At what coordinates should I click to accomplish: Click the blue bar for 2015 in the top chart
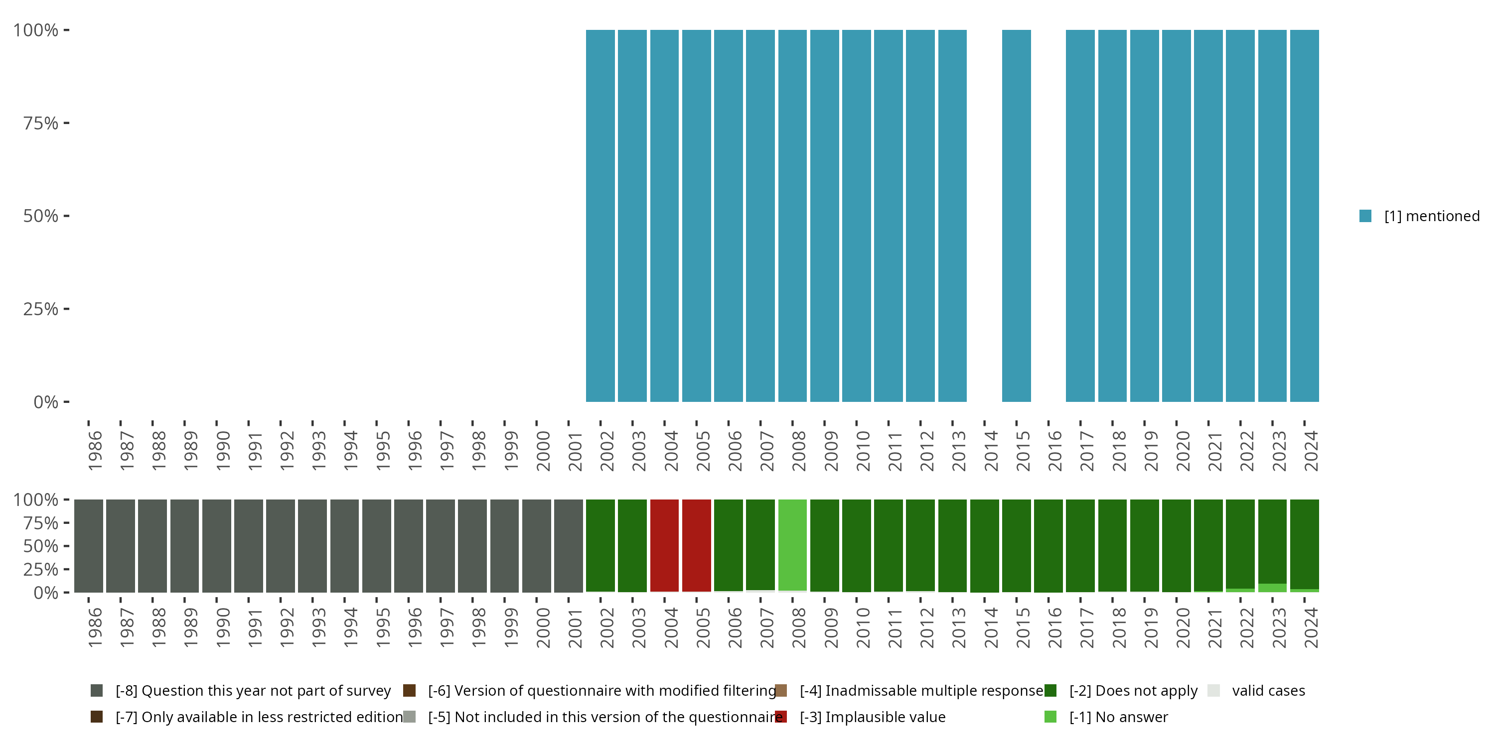1016,216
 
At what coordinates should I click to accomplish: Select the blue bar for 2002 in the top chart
600,216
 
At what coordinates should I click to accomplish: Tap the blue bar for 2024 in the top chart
1304,216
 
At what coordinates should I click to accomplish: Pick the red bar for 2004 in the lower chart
664,545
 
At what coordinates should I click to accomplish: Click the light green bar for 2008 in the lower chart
792,545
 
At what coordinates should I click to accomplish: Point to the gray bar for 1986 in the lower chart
89,545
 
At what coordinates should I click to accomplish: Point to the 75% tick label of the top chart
41,123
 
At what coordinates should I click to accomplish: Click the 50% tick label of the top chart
41,216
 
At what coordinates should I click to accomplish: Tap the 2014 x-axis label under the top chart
991,451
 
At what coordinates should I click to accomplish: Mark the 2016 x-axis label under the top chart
1054,451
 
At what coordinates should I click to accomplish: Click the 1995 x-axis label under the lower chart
382,627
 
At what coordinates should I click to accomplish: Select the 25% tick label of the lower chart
41,569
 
